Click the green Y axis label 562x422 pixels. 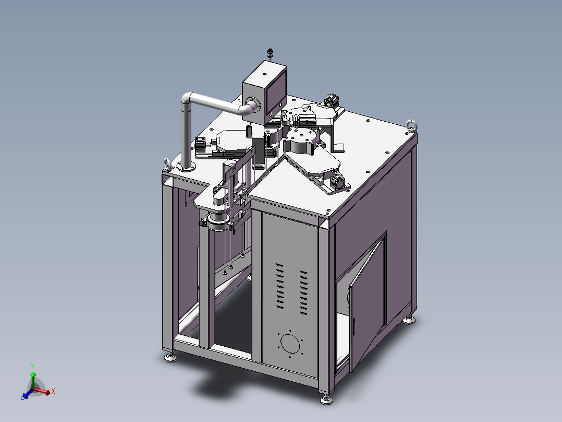[x=33, y=366]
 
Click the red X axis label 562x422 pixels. [x=53, y=391]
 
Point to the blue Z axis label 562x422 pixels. [x=22, y=396]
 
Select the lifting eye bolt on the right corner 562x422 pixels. [x=412, y=126]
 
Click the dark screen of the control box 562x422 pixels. [x=276, y=93]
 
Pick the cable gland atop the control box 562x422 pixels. [x=270, y=53]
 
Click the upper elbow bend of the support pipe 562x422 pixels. [x=187, y=99]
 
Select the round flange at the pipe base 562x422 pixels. [x=187, y=166]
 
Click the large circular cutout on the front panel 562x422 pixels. [x=290, y=344]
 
